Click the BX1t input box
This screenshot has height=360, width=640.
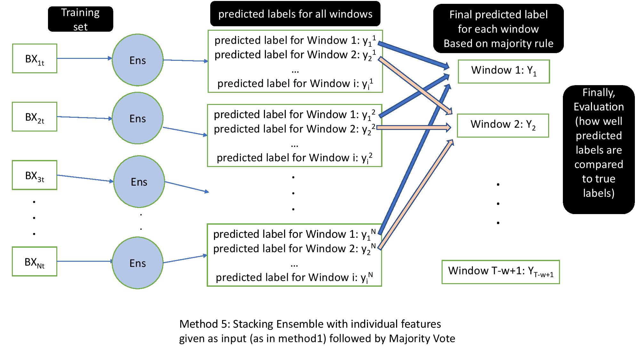pyautogui.click(x=35, y=59)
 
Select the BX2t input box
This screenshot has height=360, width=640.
pyautogui.click(x=35, y=117)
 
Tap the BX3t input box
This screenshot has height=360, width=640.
pyautogui.click(x=35, y=175)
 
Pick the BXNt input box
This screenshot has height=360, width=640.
pyautogui.click(x=35, y=261)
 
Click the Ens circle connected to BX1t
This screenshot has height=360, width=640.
pyautogui.click(x=138, y=60)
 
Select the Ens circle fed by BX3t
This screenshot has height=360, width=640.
pyautogui.click(x=139, y=181)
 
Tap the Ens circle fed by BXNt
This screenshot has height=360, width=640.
pyautogui.click(x=138, y=263)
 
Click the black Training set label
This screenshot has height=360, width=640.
pyautogui.click(x=80, y=19)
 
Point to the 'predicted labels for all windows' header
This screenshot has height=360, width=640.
pyautogui.click(x=295, y=14)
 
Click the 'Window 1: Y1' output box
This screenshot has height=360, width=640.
pyautogui.click(x=504, y=71)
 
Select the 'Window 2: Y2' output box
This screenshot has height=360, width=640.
pyautogui.click(x=503, y=125)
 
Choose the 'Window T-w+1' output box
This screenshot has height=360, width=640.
pyautogui.click(x=500, y=272)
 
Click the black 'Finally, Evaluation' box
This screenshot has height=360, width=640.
pyautogui.click(x=598, y=149)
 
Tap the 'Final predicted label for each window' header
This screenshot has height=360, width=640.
pyautogui.click(x=498, y=29)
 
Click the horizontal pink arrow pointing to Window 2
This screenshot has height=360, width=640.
pyautogui.click(x=414, y=127)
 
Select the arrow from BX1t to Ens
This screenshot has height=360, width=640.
pyautogui.click(x=84, y=59)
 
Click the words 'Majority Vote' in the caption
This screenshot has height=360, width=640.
pyautogui.click(x=422, y=339)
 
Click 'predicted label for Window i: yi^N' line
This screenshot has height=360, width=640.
pyautogui.click(x=294, y=277)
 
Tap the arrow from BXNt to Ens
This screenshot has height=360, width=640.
pyautogui.click(x=84, y=261)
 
